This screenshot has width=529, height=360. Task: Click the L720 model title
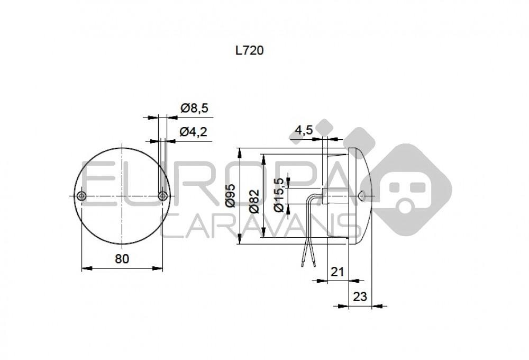tap(249, 51)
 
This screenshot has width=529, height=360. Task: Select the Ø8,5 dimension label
tap(194, 109)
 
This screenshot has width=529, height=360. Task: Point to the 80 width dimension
tap(122, 258)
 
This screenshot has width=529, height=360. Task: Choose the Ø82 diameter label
tap(254, 201)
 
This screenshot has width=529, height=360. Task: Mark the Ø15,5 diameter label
tap(278, 195)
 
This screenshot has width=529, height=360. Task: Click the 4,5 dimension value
tap(305, 130)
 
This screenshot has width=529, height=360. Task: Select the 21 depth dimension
tap(337, 272)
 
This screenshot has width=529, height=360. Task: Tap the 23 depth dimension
tap(360, 296)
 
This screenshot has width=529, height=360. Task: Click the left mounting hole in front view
tap(81, 196)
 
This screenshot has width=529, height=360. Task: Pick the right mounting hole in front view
tap(162, 196)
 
